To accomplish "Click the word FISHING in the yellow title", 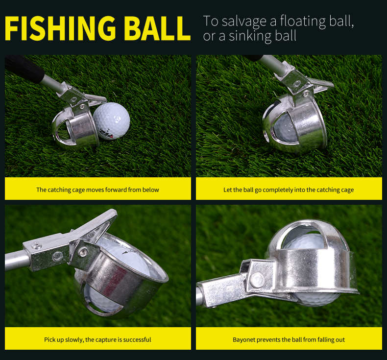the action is click(x=60, y=28).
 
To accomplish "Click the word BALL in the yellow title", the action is click(x=157, y=28).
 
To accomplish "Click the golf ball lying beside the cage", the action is click(x=112, y=121).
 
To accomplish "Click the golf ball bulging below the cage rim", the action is click(x=316, y=299).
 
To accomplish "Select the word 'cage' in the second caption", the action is click(x=347, y=190).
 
